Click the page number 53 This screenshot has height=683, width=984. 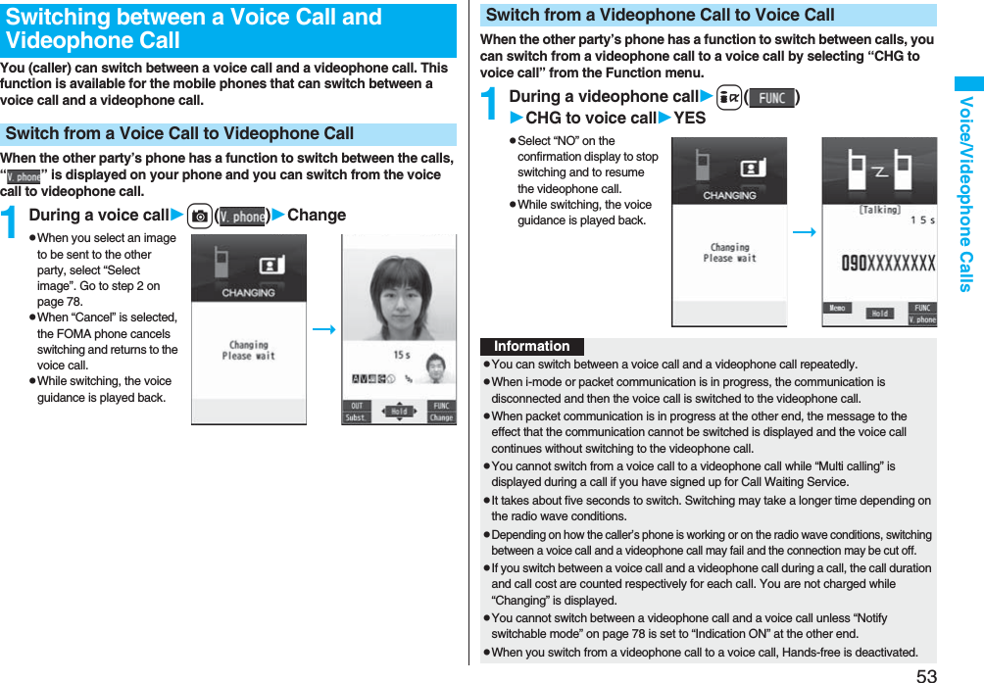pos(926,674)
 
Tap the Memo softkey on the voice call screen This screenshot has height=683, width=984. pos(838,308)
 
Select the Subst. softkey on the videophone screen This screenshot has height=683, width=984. pos(357,417)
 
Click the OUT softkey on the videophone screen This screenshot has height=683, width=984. pos(355,406)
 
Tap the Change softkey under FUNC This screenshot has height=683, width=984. pos(441,417)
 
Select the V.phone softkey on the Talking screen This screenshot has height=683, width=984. pos(922,319)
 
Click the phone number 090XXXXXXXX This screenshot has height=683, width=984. pos(889,263)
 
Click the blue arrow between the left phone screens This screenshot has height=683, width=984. pos(323,329)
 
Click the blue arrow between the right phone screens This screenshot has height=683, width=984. pos(804,232)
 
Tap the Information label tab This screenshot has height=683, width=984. pos(531,347)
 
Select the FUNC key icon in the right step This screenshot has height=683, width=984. pos(771,98)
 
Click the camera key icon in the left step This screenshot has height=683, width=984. pos(199,216)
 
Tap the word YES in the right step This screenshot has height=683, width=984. pos(690,119)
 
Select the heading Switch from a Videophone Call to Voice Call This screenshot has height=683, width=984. pos(661,15)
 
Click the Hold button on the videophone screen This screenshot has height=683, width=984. pos(399,412)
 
